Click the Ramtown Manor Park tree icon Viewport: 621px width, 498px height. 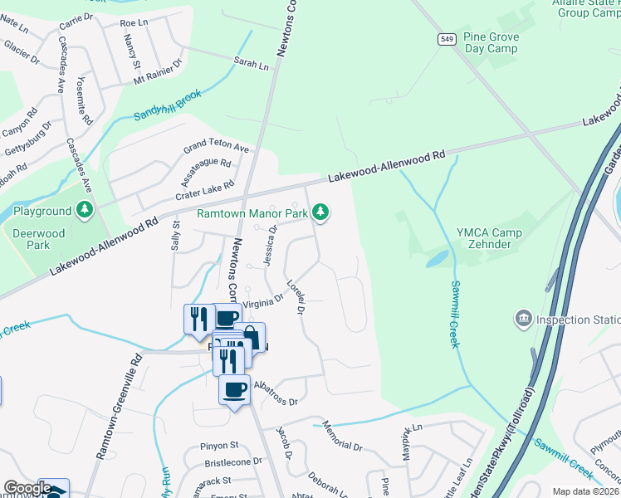click(321, 213)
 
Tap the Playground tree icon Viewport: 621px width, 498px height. click(84, 211)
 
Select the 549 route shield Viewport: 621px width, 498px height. click(447, 39)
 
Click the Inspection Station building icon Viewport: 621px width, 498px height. click(524, 319)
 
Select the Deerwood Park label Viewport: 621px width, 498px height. click(38, 240)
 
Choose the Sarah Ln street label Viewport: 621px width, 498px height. click(252, 64)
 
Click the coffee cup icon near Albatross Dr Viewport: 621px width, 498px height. click(234, 388)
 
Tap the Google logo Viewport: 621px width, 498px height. click(27, 488)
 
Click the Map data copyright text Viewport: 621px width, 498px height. click(585, 491)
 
